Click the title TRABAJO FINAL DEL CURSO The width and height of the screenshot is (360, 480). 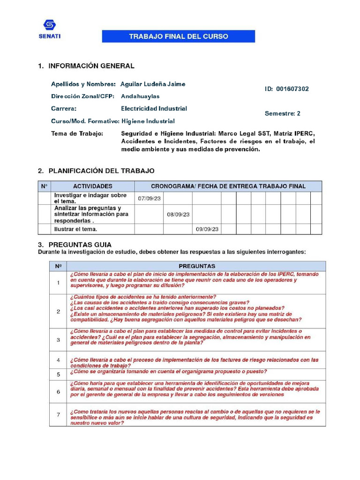(x=179, y=37)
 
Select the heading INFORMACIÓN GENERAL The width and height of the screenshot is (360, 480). (x=91, y=66)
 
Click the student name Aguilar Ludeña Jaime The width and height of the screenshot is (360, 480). (x=153, y=84)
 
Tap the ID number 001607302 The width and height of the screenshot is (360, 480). (x=292, y=89)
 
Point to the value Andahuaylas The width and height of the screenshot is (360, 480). (x=140, y=96)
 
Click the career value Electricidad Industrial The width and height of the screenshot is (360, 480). (x=154, y=108)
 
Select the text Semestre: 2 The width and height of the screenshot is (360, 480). (x=283, y=113)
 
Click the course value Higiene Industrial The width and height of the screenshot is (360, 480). (x=148, y=121)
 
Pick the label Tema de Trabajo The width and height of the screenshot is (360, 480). (x=77, y=134)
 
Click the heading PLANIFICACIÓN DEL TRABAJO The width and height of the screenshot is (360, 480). (x=101, y=171)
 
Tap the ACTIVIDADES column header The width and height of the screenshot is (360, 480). (x=92, y=186)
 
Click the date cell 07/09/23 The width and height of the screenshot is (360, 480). (x=149, y=199)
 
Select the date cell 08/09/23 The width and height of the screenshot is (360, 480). (x=178, y=214)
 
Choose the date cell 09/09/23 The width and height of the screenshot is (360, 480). (x=207, y=229)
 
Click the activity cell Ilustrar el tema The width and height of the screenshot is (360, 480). (x=76, y=229)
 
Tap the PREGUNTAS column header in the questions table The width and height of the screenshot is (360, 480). (x=197, y=266)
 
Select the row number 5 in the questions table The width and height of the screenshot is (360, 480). (x=58, y=375)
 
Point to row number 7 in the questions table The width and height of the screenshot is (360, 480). (x=58, y=415)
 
